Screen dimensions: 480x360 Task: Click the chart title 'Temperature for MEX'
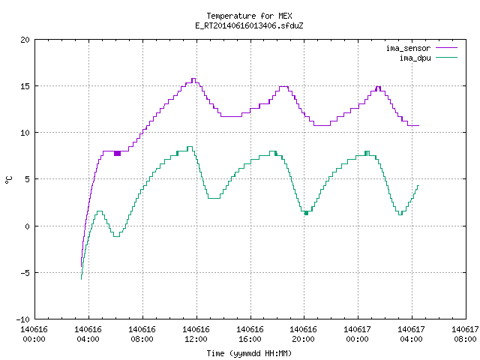point(249,16)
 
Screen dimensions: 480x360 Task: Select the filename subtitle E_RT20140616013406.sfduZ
point(249,25)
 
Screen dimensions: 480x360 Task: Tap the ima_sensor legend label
point(408,48)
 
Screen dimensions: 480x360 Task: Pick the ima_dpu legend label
point(415,58)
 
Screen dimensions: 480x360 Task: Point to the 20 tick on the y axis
point(25,40)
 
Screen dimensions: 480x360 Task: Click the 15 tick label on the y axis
point(25,86)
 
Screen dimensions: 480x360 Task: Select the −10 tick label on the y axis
point(23,319)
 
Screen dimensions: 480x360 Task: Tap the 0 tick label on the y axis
point(28,226)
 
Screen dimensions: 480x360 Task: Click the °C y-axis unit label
point(8,180)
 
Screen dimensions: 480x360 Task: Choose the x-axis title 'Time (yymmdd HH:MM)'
point(249,353)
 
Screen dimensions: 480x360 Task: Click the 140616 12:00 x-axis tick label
point(196,334)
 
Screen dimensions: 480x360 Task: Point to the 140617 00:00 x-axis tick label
point(357,334)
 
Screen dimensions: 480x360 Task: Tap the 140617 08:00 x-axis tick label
point(465,334)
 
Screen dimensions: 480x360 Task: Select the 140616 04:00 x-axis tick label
point(88,334)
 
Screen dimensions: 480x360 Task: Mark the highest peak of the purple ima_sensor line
point(193,79)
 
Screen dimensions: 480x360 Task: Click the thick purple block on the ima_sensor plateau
point(117,153)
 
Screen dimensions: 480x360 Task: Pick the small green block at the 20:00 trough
point(306,213)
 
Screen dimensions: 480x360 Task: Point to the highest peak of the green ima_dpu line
point(190,147)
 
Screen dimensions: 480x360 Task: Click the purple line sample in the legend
point(447,48)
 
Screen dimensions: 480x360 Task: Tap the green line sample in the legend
point(447,57)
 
